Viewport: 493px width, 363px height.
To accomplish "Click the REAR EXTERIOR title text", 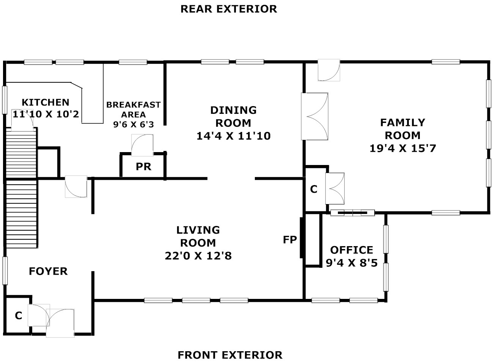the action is tap(229, 9).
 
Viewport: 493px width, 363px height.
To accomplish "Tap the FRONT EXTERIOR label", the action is tap(230, 355).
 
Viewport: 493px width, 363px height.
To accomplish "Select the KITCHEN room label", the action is tap(46, 102).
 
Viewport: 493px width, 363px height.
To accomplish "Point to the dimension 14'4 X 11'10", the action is tap(233, 136).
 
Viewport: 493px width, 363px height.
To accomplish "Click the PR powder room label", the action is tap(143, 167).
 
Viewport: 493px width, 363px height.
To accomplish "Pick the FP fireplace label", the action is tap(290, 240).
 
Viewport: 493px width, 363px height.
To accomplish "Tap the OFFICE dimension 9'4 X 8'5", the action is tap(352, 263).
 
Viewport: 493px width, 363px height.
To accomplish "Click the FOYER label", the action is tap(48, 271).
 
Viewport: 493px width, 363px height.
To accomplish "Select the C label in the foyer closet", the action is tap(19, 316).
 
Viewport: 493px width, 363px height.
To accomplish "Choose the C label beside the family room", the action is tap(314, 189).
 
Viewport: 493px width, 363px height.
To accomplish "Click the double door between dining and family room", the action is tap(315, 116).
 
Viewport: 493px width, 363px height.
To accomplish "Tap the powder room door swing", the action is tap(142, 145).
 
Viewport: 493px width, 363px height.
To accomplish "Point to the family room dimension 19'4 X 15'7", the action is tap(402, 148).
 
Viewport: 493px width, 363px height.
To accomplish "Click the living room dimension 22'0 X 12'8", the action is tap(198, 256).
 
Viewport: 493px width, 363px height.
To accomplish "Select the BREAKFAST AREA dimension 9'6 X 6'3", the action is tap(133, 124).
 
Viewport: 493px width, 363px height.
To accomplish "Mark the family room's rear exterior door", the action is tap(329, 70).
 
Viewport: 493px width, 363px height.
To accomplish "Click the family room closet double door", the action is tap(335, 189).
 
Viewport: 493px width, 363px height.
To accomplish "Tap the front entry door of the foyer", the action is tap(60, 323).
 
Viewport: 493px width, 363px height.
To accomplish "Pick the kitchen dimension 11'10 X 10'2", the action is tap(46, 114).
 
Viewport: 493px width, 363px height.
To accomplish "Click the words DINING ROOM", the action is tap(233, 116).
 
